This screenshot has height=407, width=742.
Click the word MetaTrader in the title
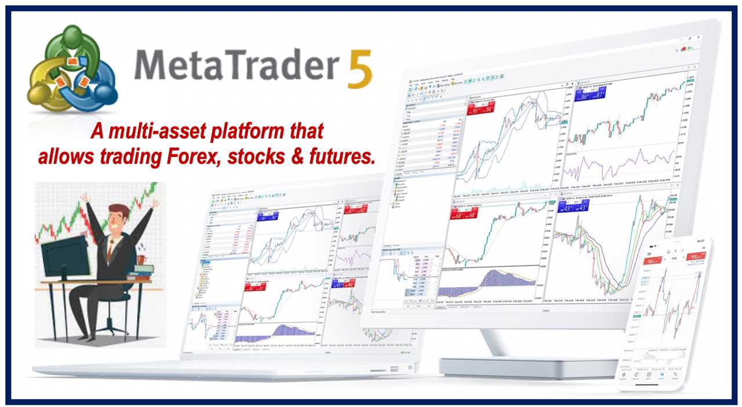[235, 65]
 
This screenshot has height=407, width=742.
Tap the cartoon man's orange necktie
[109, 247]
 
